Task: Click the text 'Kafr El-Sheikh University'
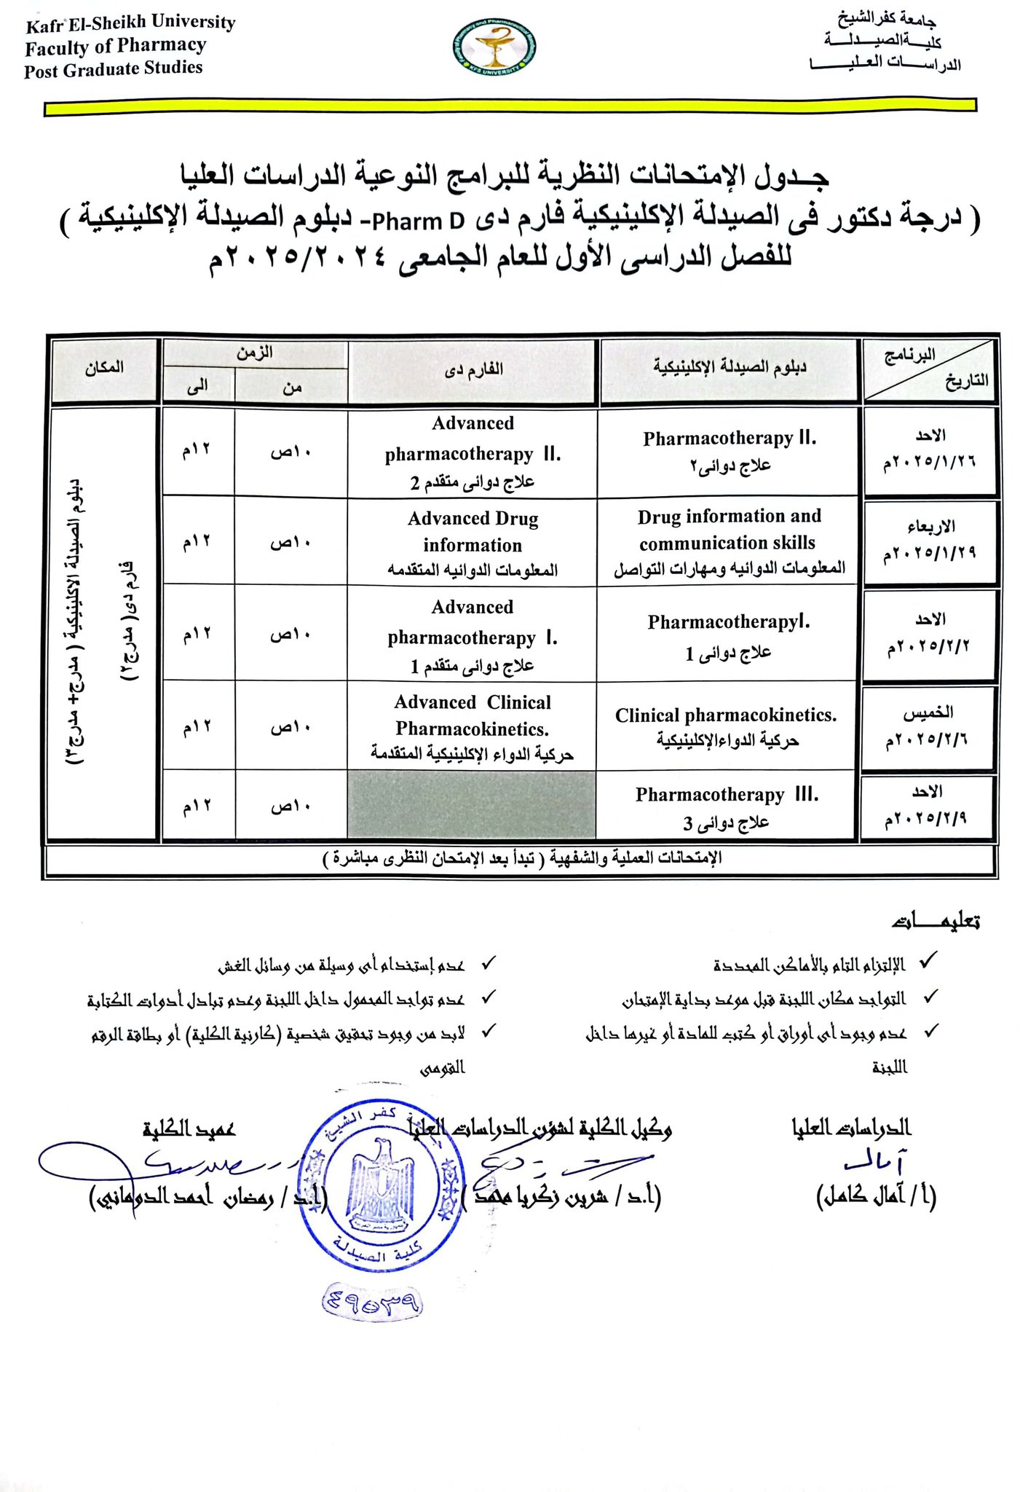click(130, 24)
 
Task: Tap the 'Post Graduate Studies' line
click(114, 69)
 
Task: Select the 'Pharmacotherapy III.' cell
click(727, 807)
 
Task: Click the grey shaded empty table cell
click(472, 805)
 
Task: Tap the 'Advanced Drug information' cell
click(473, 543)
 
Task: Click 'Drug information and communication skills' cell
click(729, 542)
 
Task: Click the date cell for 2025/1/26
click(930, 451)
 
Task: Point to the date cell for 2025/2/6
click(928, 728)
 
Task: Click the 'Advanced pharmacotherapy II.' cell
click(473, 452)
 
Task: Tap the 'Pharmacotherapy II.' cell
click(729, 451)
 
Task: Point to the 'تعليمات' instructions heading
click(936, 922)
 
